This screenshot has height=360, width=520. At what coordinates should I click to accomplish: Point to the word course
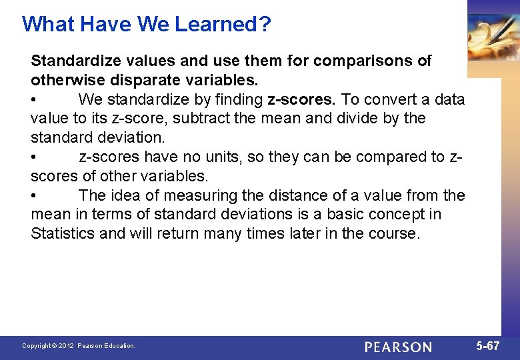(x=395, y=234)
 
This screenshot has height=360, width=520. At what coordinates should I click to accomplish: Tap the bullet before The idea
(x=34, y=196)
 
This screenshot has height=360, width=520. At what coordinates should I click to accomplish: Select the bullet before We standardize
(x=34, y=100)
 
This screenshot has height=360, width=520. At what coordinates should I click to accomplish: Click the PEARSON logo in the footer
(x=398, y=347)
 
